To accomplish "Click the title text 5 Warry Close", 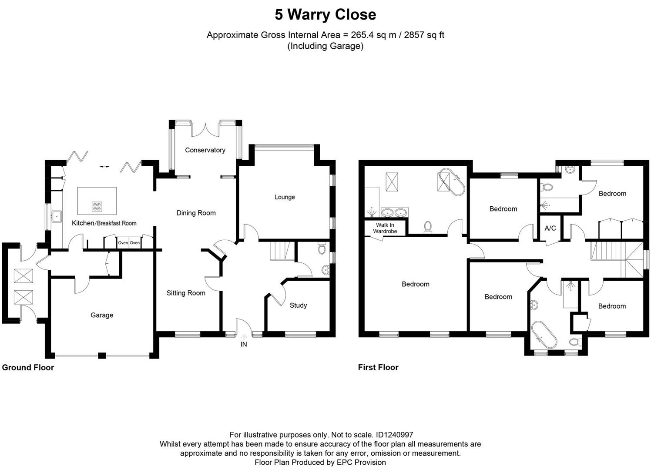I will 325,15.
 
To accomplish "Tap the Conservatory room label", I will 205,150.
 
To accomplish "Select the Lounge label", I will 285,197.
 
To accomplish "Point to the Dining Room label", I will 196,213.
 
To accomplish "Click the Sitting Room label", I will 186,293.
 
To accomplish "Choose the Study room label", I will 298,305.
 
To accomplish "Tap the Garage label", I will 102,315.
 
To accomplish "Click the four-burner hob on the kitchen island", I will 97,207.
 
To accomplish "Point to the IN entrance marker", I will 244,344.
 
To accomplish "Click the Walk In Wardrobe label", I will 385,228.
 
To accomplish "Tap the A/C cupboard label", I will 550,228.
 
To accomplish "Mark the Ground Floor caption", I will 28,367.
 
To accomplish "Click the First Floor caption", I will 378,367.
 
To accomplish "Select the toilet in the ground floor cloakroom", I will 322,248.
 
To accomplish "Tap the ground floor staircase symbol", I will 279,251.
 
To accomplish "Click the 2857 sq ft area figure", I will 424,35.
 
